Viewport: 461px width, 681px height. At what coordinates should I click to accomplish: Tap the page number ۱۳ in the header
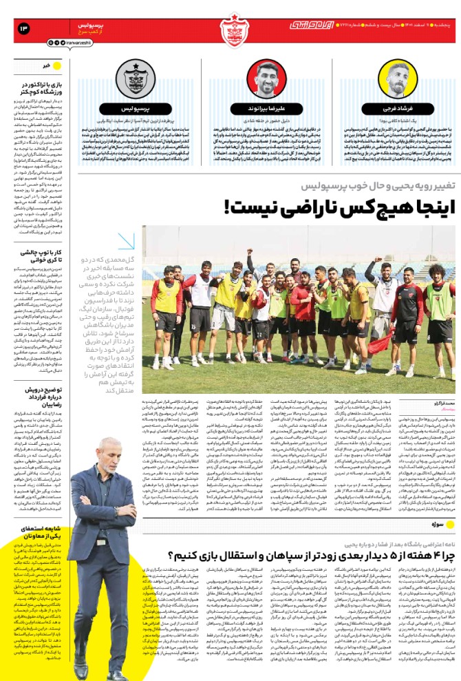coord(24,28)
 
